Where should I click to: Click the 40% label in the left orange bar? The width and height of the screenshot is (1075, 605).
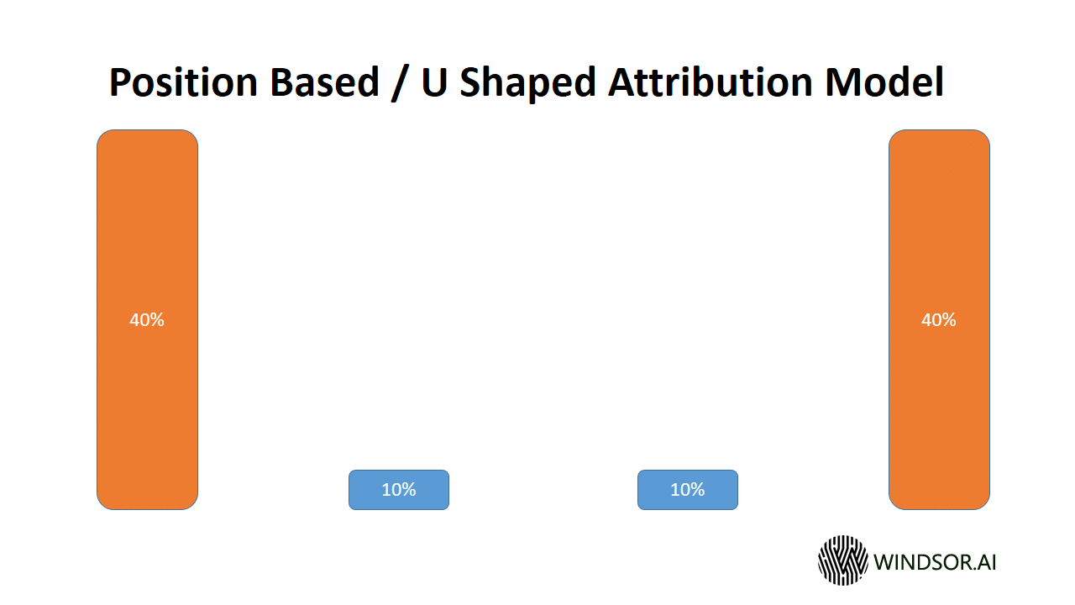click(x=147, y=320)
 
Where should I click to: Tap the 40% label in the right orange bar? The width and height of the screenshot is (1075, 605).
click(x=939, y=320)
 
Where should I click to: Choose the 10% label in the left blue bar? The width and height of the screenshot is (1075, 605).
click(x=399, y=490)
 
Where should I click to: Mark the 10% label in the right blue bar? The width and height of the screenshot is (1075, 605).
click(x=687, y=490)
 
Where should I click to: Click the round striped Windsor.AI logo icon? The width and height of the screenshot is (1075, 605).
click(x=842, y=560)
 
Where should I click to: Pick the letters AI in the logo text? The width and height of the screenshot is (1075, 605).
click(x=984, y=561)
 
